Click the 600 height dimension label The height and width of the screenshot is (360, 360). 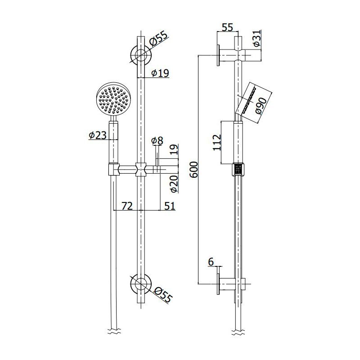click(x=194, y=170)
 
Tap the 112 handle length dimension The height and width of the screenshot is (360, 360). click(x=217, y=143)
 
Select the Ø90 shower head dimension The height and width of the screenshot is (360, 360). click(x=261, y=106)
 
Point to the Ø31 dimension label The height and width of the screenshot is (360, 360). click(x=257, y=38)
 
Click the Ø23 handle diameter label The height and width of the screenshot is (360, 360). click(x=98, y=135)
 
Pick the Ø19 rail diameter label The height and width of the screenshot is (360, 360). click(x=160, y=73)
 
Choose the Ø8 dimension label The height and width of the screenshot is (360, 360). click(x=157, y=140)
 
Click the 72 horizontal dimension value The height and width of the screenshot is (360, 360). click(x=127, y=206)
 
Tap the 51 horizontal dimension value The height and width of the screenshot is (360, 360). click(x=170, y=206)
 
